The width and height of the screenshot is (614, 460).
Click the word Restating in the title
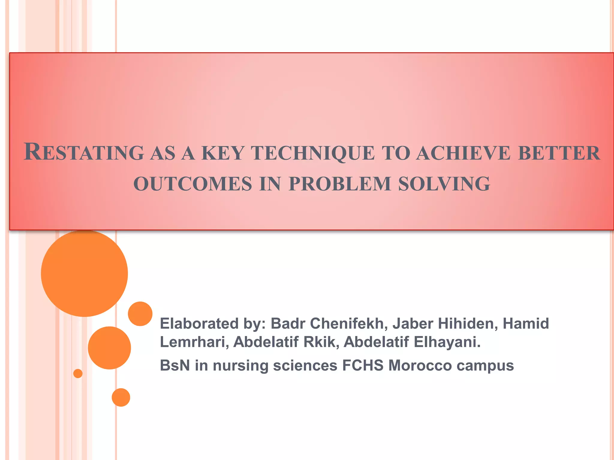coord(84,152)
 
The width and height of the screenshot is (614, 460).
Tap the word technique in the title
coord(313,153)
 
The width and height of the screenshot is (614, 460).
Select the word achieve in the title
coord(463,153)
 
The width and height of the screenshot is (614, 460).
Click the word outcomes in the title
coord(192,184)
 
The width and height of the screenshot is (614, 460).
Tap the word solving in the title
coord(444,184)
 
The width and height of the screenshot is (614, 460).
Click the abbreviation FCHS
coord(363,366)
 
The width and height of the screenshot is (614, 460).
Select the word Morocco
coord(420,366)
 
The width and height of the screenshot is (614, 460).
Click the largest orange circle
coord(84,273)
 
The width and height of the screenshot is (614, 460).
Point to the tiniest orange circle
coord(78,373)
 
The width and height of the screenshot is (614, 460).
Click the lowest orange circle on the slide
coord(121,397)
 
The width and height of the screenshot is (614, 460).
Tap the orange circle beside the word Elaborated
coord(140,314)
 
